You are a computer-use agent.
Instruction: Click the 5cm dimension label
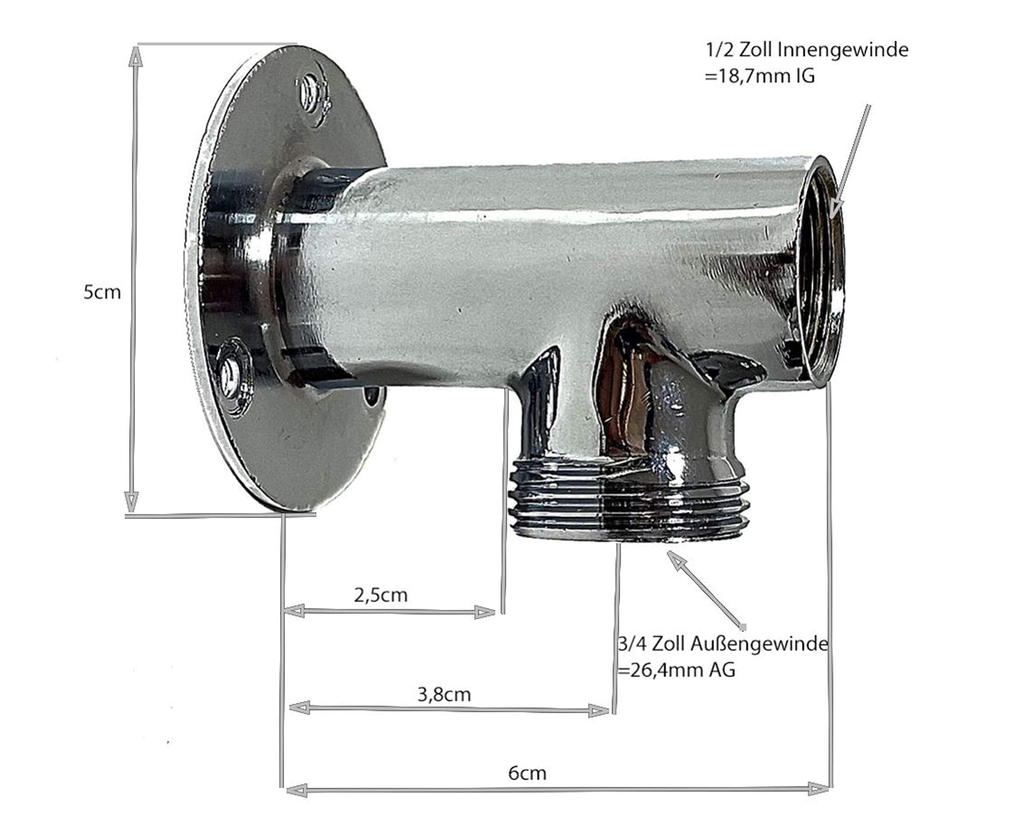tap(102, 292)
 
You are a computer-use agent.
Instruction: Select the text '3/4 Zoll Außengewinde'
tap(723, 644)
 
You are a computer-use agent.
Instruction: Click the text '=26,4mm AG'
tap(677, 670)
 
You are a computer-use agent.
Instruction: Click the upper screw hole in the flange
tap(312, 93)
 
